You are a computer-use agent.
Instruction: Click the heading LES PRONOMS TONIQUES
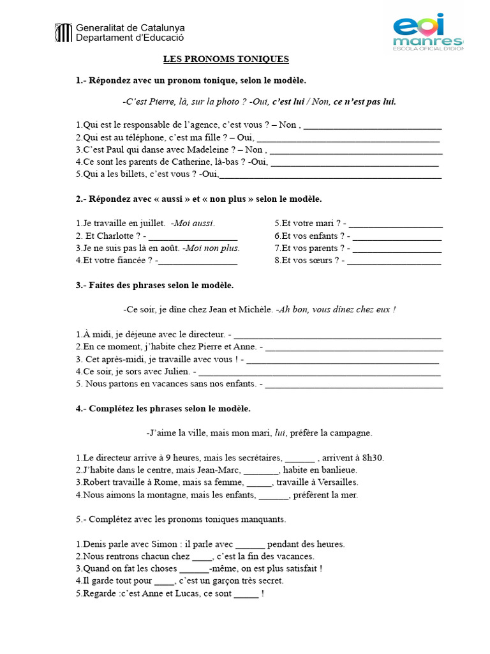click(x=226, y=59)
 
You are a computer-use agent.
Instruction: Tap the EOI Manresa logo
click(x=428, y=31)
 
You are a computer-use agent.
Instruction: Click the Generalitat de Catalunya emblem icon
click(x=64, y=33)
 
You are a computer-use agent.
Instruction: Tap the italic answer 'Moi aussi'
click(x=194, y=224)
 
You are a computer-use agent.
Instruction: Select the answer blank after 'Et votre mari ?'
click(x=396, y=224)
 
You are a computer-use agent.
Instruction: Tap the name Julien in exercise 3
click(x=175, y=371)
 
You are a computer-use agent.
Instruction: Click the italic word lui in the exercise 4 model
click(x=279, y=433)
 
